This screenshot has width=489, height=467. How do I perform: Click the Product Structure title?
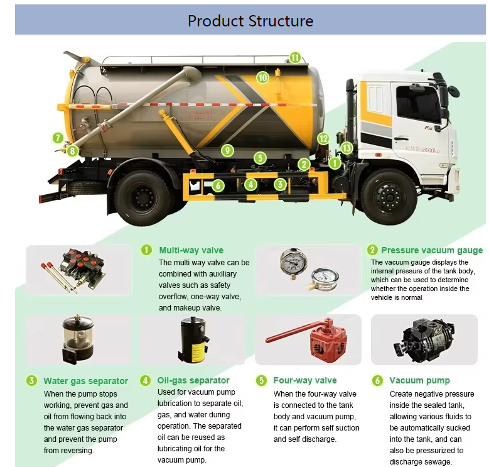point(250,21)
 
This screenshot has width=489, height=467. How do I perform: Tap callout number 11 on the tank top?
point(295,57)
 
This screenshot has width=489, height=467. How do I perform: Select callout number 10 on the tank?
point(262,77)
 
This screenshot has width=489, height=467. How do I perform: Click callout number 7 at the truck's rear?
point(58,138)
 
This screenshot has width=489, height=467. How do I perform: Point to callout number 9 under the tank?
point(227,150)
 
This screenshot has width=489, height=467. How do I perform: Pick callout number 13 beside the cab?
point(347,148)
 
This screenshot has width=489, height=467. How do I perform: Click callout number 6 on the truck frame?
point(218,185)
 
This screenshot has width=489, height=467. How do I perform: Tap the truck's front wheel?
point(389,196)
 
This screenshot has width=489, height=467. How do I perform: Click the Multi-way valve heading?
point(191,250)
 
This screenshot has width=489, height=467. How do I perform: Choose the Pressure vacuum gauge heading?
point(432,250)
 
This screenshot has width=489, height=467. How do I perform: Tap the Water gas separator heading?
point(85,381)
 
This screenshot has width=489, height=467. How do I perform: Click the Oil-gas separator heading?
point(193,380)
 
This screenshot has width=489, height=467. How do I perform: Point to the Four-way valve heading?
point(305,380)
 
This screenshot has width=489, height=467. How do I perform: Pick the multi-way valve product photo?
point(70,271)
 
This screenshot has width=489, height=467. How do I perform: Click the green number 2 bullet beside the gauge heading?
point(372,250)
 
